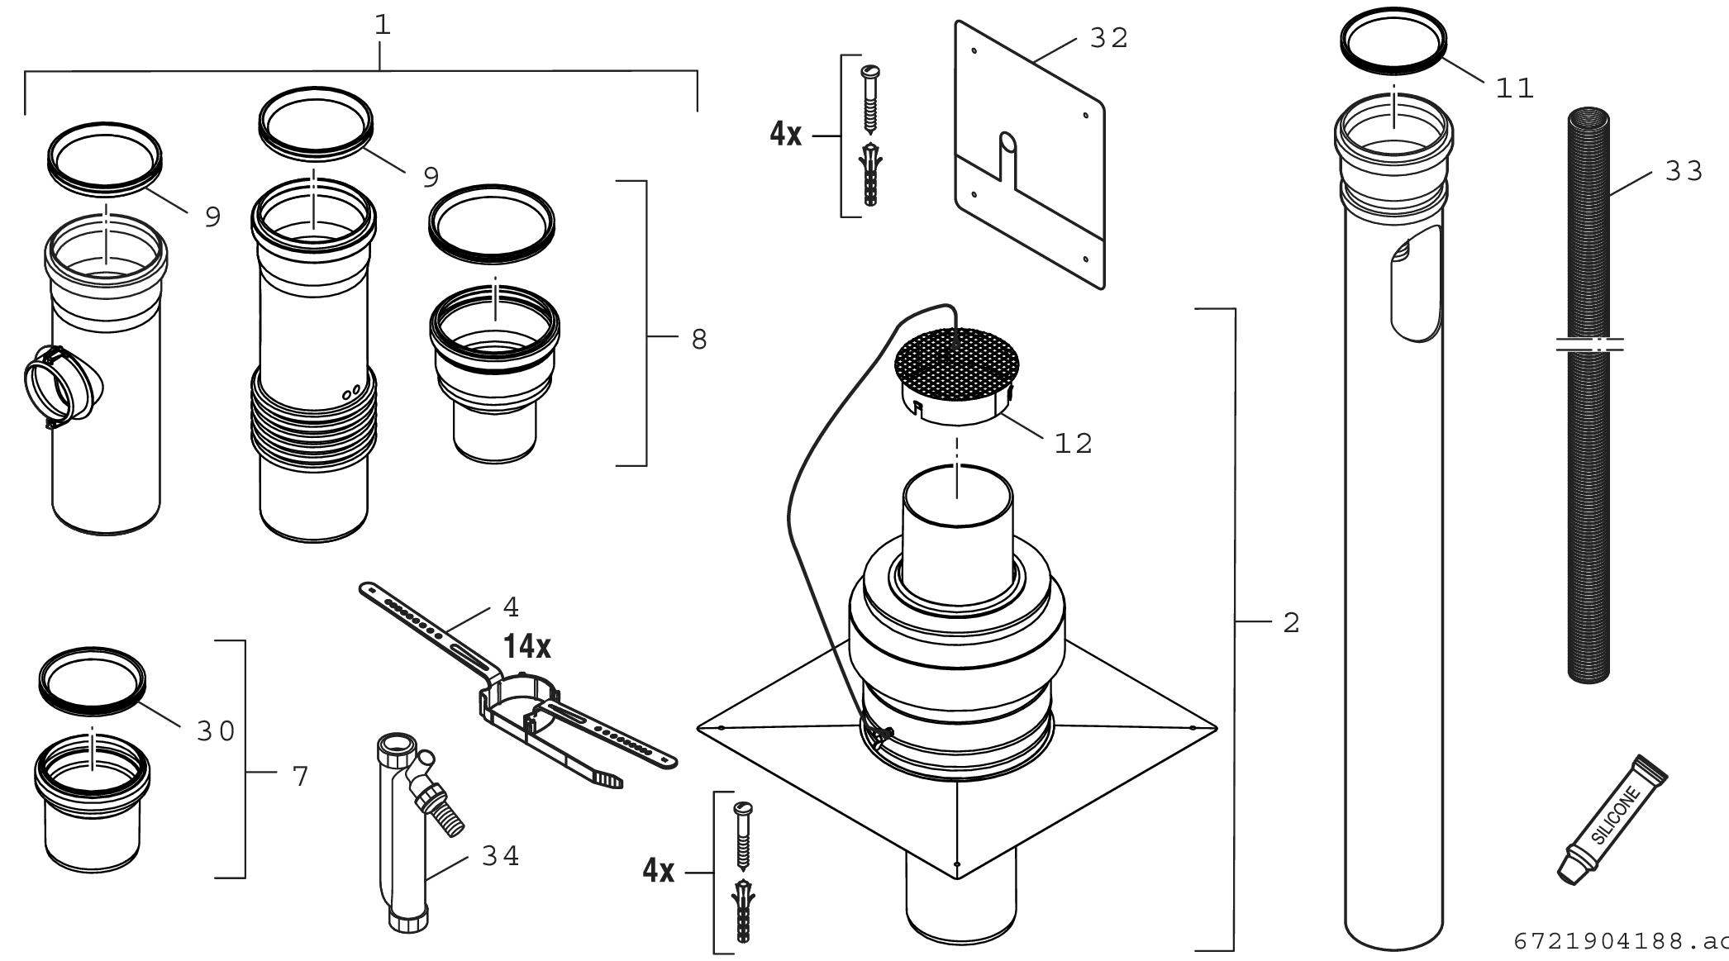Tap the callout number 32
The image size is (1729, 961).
pyautogui.click(x=1108, y=38)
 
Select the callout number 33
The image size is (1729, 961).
pyautogui.click(x=1684, y=171)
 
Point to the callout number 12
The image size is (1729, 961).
pyautogui.click(x=1073, y=444)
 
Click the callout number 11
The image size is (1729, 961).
pyautogui.click(x=1514, y=88)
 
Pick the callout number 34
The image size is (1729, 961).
pyautogui.click(x=500, y=856)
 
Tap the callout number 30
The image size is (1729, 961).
pyautogui.click(x=216, y=730)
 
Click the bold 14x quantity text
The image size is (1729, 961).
pyautogui.click(x=527, y=646)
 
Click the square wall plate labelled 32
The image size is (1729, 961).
pyautogui.click(x=1029, y=157)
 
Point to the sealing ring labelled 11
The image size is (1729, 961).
pyautogui.click(x=1393, y=41)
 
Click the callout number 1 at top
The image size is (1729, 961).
pyautogui.click(x=382, y=25)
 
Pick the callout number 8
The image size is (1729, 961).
pyautogui.click(x=699, y=339)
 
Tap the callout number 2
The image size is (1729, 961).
pyautogui.click(x=1292, y=623)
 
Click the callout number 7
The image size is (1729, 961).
pyautogui.click(x=300, y=776)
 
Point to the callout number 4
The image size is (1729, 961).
pyautogui.click(x=511, y=607)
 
